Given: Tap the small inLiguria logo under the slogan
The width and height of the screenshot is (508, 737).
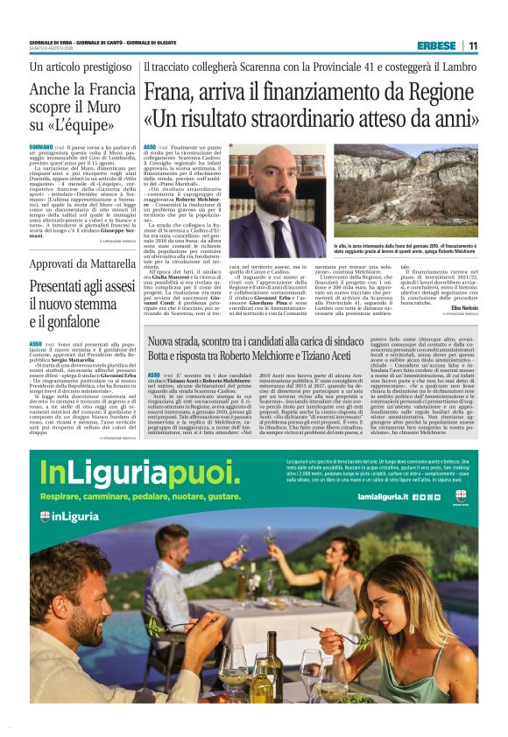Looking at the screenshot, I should coord(70,516).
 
